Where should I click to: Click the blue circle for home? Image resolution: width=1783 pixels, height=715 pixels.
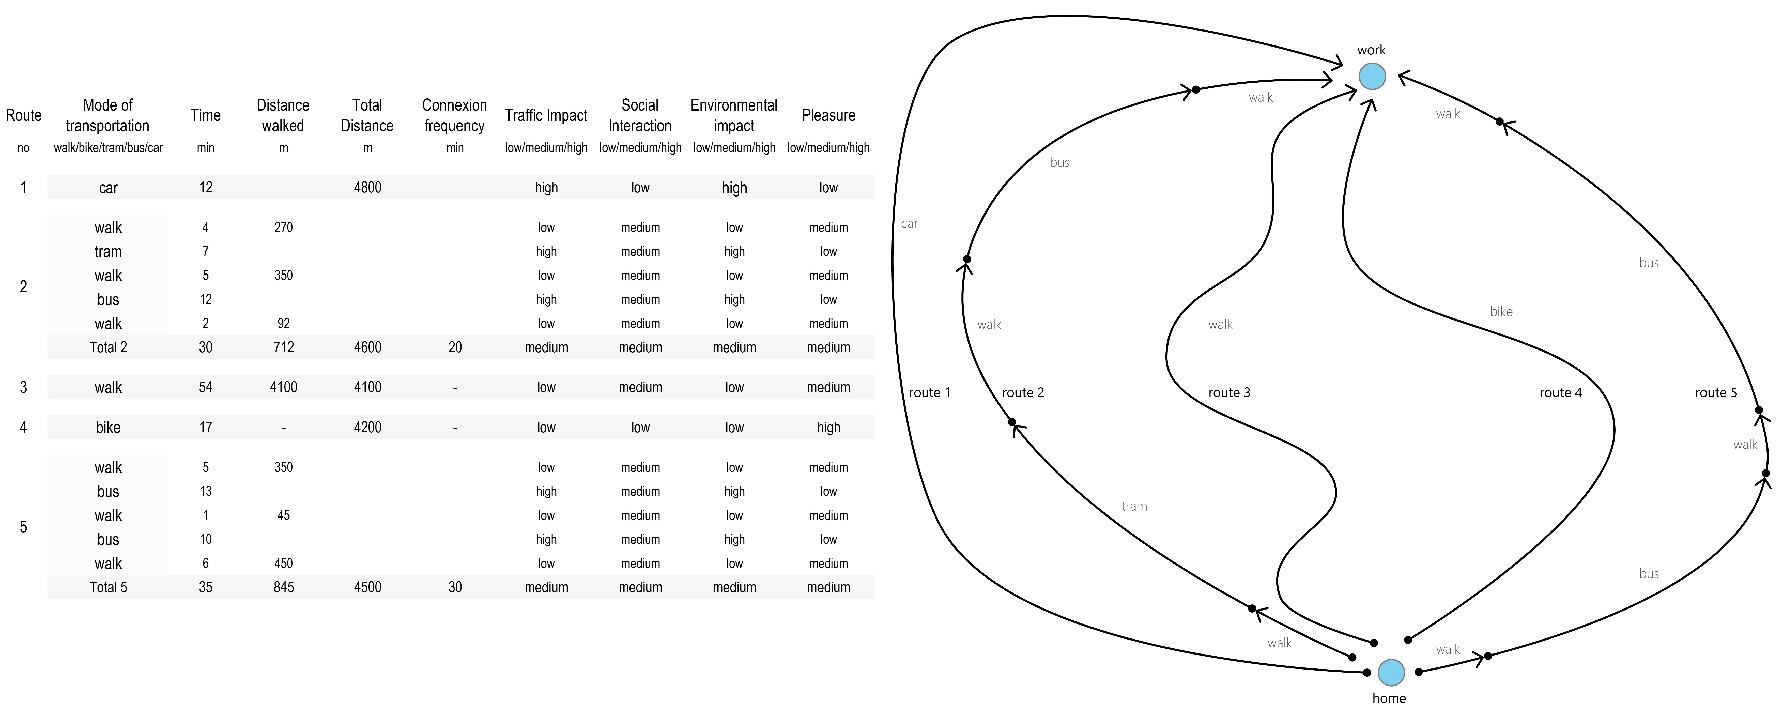point(1391,672)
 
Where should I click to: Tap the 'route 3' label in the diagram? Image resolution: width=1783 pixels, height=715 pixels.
point(1229,392)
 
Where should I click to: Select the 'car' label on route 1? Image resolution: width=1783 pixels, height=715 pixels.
point(910,224)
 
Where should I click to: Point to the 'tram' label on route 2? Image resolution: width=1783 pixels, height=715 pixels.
point(1134,506)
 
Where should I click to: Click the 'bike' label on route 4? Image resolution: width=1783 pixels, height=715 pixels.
point(1501,311)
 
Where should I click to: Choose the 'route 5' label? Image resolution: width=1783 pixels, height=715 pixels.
point(1716,392)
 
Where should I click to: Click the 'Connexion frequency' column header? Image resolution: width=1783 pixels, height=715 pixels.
point(455,115)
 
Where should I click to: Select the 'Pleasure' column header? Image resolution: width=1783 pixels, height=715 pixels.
point(828,115)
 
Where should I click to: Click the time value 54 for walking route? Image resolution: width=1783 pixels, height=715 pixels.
point(206,387)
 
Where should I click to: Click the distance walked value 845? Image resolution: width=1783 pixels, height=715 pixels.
point(284,587)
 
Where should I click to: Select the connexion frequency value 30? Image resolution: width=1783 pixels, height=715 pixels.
point(455,587)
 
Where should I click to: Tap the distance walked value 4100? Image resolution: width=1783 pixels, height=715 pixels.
point(284,387)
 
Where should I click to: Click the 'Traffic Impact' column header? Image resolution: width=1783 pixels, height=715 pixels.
point(546,115)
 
